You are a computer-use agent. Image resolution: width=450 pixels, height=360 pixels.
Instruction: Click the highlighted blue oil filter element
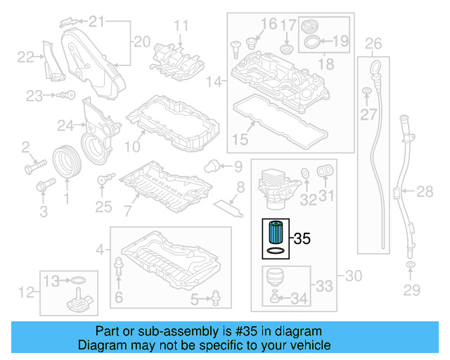point(275,231)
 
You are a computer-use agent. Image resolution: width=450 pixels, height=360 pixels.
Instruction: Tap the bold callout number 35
point(302,239)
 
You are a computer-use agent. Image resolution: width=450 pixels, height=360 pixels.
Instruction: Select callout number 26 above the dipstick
point(373,44)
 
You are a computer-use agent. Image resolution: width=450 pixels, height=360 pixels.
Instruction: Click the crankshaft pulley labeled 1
point(67,161)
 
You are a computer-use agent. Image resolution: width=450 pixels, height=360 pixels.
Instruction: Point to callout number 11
point(182,26)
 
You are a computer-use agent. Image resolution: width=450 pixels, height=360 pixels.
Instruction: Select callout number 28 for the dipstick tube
point(425,191)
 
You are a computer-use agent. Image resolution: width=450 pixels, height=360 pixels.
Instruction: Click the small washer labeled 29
point(409,265)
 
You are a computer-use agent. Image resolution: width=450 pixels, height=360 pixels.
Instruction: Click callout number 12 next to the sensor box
point(27,291)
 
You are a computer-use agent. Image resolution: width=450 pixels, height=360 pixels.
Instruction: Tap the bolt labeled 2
point(34,168)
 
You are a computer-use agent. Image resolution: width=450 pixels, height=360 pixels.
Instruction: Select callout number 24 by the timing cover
point(65,126)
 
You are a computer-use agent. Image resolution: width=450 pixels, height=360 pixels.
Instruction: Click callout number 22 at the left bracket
point(25,56)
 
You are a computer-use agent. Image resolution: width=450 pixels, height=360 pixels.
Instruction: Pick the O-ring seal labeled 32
point(304,172)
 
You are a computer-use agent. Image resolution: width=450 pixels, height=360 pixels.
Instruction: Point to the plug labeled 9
point(210,166)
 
